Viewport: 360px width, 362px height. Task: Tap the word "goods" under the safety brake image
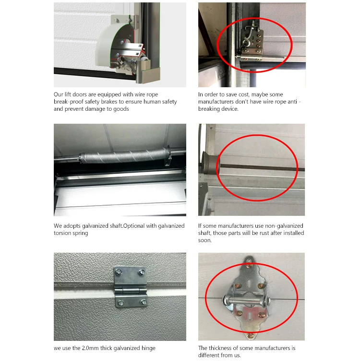[121, 109]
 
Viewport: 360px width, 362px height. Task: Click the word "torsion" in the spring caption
[62, 233]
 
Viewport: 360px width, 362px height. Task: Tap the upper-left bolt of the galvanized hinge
[118, 272]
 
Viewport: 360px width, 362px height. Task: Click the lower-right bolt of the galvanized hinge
[143, 302]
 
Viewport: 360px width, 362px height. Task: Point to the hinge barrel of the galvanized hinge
[131, 290]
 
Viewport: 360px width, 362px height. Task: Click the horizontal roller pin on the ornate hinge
[247, 301]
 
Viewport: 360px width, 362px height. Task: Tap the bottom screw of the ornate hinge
[250, 335]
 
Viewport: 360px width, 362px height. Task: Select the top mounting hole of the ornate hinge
[249, 261]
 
